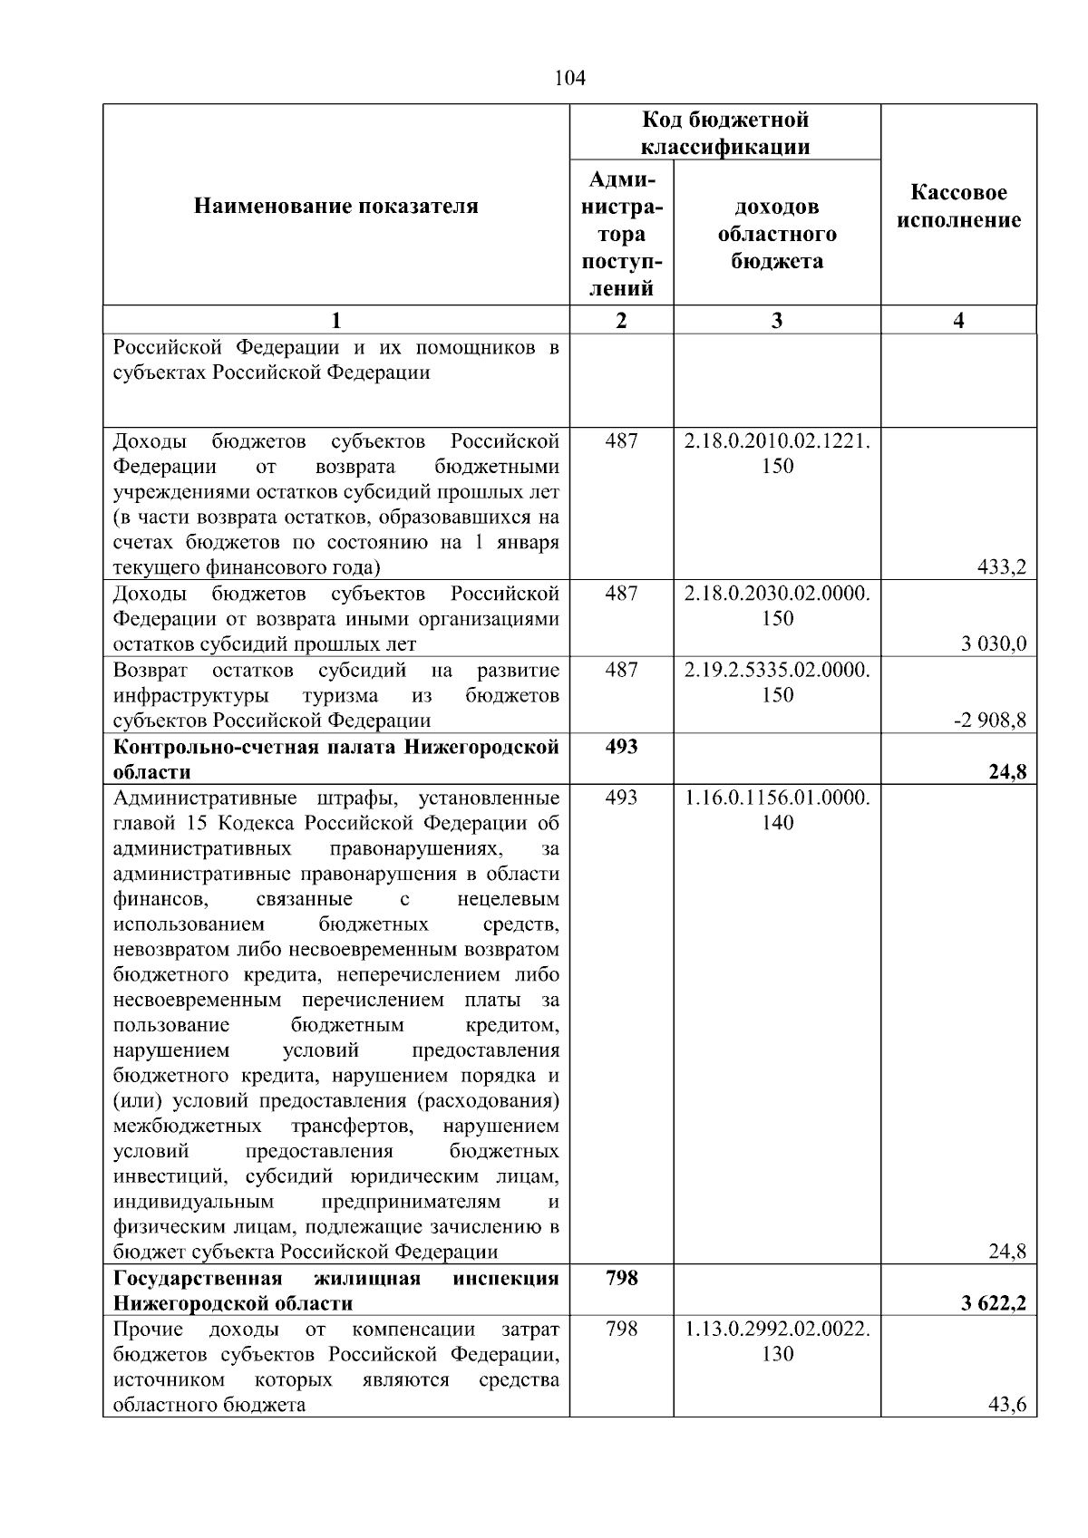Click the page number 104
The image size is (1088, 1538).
click(569, 79)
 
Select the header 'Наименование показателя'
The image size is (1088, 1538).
click(335, 207)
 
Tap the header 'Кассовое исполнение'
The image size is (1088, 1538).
click(958, 207)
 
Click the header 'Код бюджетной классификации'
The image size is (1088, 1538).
click(724, 133)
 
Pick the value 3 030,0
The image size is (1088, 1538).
click(994, 644)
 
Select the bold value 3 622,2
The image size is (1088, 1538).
click(993, 1304)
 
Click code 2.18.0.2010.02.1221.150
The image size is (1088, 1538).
click(777, 454)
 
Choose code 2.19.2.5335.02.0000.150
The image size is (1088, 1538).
click(777, 682)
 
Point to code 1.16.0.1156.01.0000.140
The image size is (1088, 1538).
click(777, 809)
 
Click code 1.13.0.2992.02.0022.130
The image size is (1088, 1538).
click(777, 1341)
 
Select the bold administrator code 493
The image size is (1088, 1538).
click(621, 746)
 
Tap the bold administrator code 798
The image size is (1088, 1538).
click(621, 1278)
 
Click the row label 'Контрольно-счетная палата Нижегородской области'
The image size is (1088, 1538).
click(335, 759)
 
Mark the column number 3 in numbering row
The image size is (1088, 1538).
click(777, 320)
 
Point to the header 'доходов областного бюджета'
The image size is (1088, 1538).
click(777, 234)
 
